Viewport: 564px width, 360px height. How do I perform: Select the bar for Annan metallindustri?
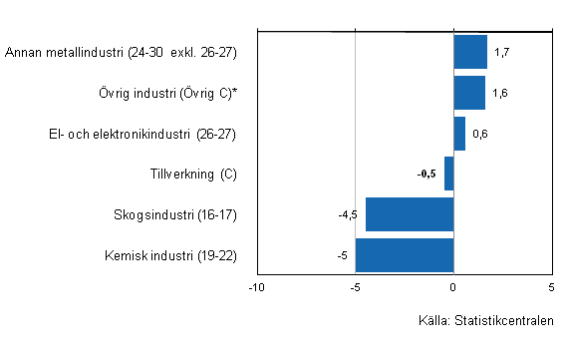click(470, 52)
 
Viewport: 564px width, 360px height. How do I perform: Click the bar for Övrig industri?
click(469, 93)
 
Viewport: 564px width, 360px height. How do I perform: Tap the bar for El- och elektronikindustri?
click(459, 134)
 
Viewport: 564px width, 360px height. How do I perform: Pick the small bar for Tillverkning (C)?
click(449, 174)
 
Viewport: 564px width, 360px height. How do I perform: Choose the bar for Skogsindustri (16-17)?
click(410, 214)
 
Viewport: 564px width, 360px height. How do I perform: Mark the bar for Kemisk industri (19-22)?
click(405, 255)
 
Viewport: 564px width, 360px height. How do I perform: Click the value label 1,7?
click(501, 52)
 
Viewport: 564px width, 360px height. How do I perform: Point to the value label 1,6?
click(499, 93)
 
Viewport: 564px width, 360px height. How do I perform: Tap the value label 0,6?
click(479, 134)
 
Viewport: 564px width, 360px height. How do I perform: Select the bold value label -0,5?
click(426, 175)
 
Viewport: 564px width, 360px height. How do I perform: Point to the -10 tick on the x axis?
click(257, 287)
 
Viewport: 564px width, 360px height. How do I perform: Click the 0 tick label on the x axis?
click(453, 287)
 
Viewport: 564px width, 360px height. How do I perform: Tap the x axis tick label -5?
click(354, 287)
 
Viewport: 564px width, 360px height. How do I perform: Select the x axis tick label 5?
click(551, 287)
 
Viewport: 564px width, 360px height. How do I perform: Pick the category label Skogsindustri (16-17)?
click(175, 214)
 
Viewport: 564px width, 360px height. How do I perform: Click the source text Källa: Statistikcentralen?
click(485, 320)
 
